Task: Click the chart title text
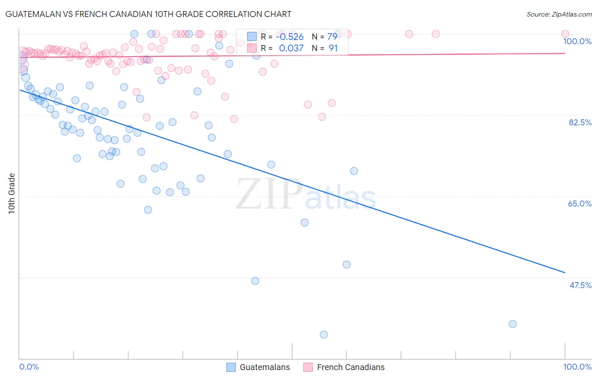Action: click(149, 14)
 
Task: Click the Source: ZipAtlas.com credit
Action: click(559, 14)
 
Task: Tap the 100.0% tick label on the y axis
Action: click(577, 41)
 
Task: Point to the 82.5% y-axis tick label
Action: click(580, 122)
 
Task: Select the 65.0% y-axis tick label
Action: click(580, 204)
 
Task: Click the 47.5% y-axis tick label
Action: click(580, 285)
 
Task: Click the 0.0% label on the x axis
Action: click(29, 367)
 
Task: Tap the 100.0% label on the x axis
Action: click(577, 367)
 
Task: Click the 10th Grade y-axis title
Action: click(12, 193)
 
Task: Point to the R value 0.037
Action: click(291, 48)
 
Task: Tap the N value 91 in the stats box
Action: click(333, 48)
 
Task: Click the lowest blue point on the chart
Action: click(324, 334)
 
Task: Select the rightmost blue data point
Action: click(513, 324)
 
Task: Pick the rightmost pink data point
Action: click(565, 34)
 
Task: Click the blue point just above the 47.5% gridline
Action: click(346, 264)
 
